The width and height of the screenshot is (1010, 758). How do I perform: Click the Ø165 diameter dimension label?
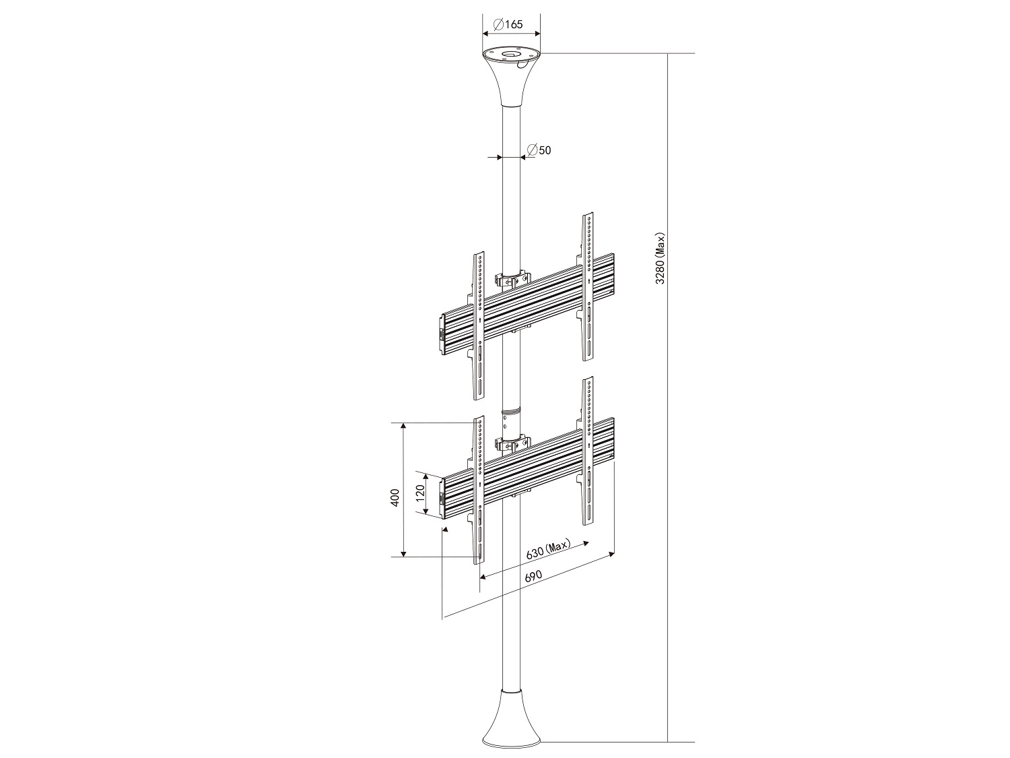pyautogui.click(x=508, y=24)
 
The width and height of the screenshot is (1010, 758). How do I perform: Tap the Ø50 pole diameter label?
pyautogui.click(x=539, y=150)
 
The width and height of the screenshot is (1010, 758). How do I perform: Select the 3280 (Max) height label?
pyautogui.click(x=661, y=258)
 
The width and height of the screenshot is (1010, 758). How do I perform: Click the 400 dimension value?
pyautogui.click(x=395, y=497)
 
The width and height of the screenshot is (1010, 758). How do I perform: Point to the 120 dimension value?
pyautogui.click(x=420, y=493)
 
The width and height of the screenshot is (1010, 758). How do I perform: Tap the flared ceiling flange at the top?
pyautogui.click(x=511, y=77)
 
